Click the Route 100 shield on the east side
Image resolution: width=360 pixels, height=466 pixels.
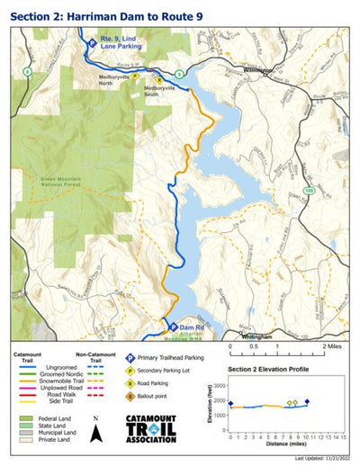coord(309,191)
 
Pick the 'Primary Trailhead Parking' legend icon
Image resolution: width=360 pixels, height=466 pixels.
coord(130,358)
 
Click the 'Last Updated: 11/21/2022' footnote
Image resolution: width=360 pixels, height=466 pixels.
coord(319,459)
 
